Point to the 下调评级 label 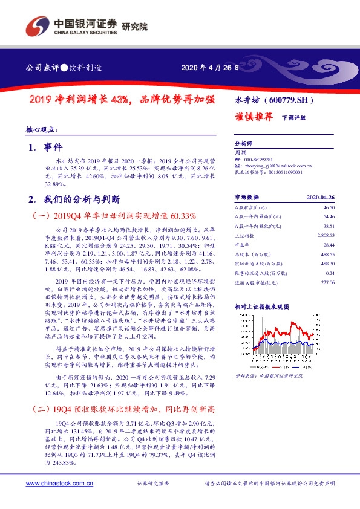(x=293, y=118)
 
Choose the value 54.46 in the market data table (x=329, y=216)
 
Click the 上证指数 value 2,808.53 (x=326, y=235)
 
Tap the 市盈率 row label (x=242, y=244)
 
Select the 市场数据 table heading (x=246, y=197)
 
